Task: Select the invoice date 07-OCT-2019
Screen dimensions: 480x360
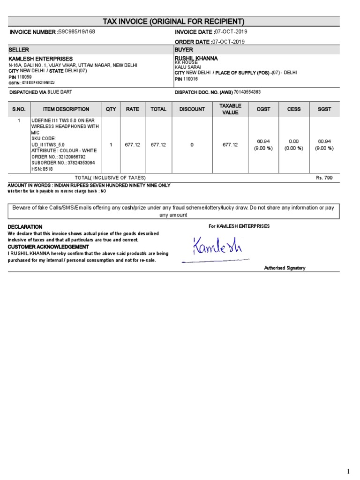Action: coord(231,31)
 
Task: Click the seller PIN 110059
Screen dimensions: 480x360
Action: coord(24,77)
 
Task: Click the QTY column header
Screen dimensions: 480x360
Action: coord(111,109)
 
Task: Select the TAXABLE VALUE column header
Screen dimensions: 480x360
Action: coord(230,109)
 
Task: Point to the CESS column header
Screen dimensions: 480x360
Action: coord(293,109)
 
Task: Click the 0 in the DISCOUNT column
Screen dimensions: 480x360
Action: coord(192,145)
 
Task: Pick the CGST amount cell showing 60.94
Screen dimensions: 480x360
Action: coord(261,141)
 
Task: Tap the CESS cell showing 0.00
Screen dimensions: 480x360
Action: coord(293,141)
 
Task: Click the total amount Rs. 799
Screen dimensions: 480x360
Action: coord(324,178)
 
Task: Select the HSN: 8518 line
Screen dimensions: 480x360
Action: coord(42,169)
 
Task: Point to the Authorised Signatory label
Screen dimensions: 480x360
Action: coord(285,268)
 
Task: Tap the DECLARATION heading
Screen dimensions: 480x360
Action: coord(25,227)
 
